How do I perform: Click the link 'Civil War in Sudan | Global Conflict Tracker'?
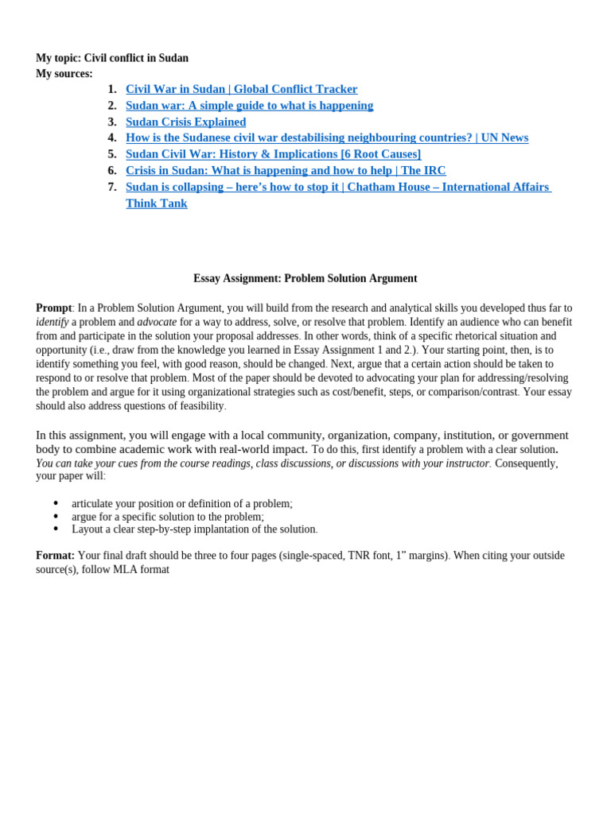coord(241,89)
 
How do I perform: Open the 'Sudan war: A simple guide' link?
coord(249,106)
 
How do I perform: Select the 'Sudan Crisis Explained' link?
coord(185,122)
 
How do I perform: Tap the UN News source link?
coord(326,138)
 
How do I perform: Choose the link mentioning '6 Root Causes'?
coord(273,154)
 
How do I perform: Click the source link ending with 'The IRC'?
coord(286,170)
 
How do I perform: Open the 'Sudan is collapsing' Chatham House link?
coord(337,187)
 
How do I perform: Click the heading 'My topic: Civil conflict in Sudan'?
coord(112,58)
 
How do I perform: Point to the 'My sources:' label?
coord(64,74)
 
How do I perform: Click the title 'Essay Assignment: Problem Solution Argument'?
coord(305,278)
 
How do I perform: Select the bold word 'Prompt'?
coord(53,308)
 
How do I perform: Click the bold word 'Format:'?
coord(55,556)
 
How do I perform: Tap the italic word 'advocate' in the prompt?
coord(157,322)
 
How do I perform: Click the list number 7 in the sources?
coord(112,187)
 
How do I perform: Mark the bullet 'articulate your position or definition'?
coord(181,504)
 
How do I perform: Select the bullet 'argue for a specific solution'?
coord(167,517)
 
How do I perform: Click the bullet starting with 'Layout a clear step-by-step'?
coord(194,529)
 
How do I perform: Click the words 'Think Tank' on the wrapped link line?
coord(157,203)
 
